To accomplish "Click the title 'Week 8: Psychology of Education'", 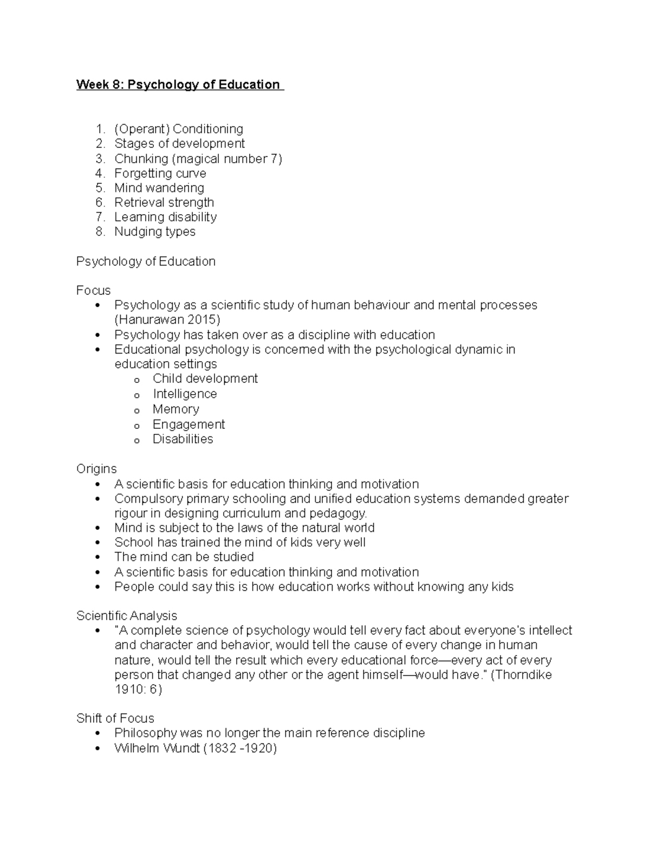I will pyautogui.click(x=178, y=85).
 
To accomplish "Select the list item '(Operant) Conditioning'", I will pyautogui.click(x=178, y=129).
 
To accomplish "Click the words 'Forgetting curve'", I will pyautogui.click(x=160, y=173).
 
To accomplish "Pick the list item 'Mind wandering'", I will pyautogui.click(x=159, y=188).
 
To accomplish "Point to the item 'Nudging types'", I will pyautogui.click(x=154, y=232).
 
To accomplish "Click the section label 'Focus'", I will pyautogui.click(x=93, y=291).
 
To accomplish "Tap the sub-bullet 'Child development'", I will pyautogui.click(x=205, y=378).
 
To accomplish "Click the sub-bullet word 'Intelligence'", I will pyautogui.click(x=184, y=394).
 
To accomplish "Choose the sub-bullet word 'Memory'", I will pyautogui.click(x=175, y=409).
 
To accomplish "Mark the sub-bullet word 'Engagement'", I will pyautogui.click(x=188, y=425).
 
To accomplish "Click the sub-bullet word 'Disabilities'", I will pyautogui.click(x=183, y=439).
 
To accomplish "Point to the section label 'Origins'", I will pyautogui.click(x=96, y=469).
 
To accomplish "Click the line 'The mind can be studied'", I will pyautogui.click(x=184, y=557).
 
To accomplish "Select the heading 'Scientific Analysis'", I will pyautogui.click(x=126, y=616).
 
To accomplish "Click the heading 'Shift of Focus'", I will pyautogui.click(x=115, y=718).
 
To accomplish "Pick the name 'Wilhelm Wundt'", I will pyautogui.click(x=157, y=749).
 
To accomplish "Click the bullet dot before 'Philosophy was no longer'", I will pyautogui.click(x=97, y=734).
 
